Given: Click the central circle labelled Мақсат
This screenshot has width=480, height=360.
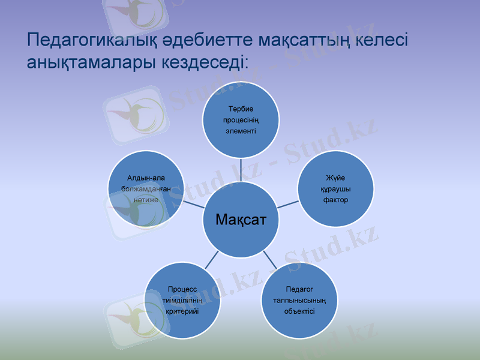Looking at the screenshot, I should pos(240,220).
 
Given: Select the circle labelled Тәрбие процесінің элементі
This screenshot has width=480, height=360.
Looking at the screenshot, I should pos(241,120).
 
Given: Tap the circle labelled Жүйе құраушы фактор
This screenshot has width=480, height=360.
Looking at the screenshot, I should pos(336,188).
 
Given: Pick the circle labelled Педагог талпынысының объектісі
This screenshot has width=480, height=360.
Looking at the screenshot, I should pos(299,299).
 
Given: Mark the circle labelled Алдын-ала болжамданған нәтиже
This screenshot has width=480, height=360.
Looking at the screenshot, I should pos(146,188).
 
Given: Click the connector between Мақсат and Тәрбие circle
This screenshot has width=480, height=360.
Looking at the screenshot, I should pos(241,170).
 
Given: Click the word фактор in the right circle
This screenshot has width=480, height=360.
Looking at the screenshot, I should pos(336,199).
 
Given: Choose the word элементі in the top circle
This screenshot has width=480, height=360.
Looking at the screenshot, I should pos(241,131).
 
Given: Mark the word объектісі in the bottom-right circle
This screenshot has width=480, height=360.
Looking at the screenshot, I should pos(299,311).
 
